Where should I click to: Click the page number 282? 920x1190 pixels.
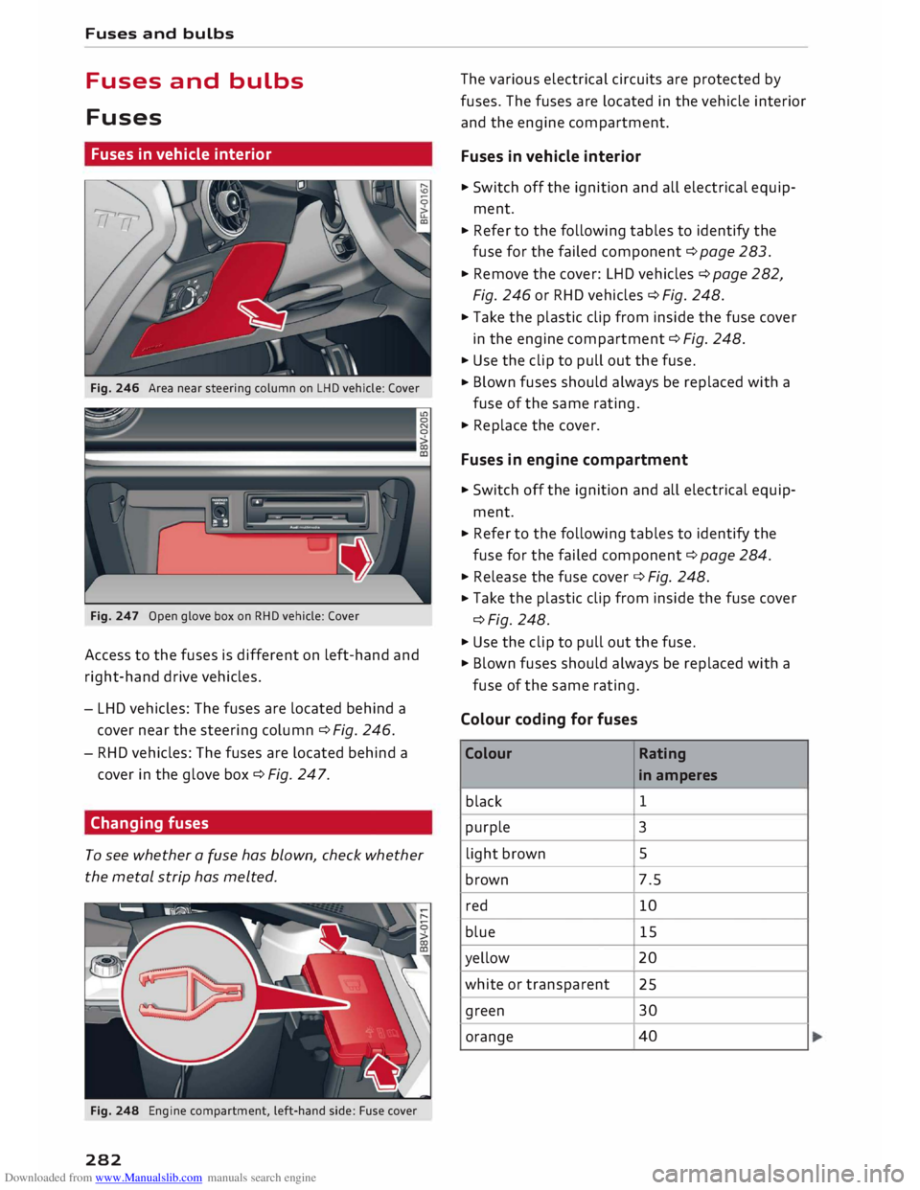click(x=103, y=1159)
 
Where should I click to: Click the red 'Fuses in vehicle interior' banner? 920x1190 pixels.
click(x=258, y=154)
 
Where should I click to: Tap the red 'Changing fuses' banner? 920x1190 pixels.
click(x=258, y=823)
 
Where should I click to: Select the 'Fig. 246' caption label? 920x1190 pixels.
click(x=114, y=388)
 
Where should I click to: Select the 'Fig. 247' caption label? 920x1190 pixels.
click(x=114, y=616)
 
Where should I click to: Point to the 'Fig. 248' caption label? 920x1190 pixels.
click(x=114, y=1110)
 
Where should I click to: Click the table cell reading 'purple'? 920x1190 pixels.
click(x=488, y=827)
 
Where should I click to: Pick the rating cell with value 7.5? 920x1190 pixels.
click(x=650, y=880)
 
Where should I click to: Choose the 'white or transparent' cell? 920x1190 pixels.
click(x=537, y=984)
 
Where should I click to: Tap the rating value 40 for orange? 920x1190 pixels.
click(x=648, y=1037)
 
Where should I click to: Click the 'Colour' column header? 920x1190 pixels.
click(x=489, y=754)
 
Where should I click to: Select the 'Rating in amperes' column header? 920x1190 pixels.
click(x=678, y=765)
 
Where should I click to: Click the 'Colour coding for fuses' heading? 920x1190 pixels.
click(x=548, y=720)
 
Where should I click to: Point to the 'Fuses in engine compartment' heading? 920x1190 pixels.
click(x=574, y=460)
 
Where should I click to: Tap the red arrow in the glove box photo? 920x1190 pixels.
click(x=356, y=559)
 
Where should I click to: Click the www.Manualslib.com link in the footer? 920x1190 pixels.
click(x=149, y=1178)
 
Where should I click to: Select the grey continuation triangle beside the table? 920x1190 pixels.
click(x=817, y=1037)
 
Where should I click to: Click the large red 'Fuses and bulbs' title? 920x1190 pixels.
click(x=195, y=81)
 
